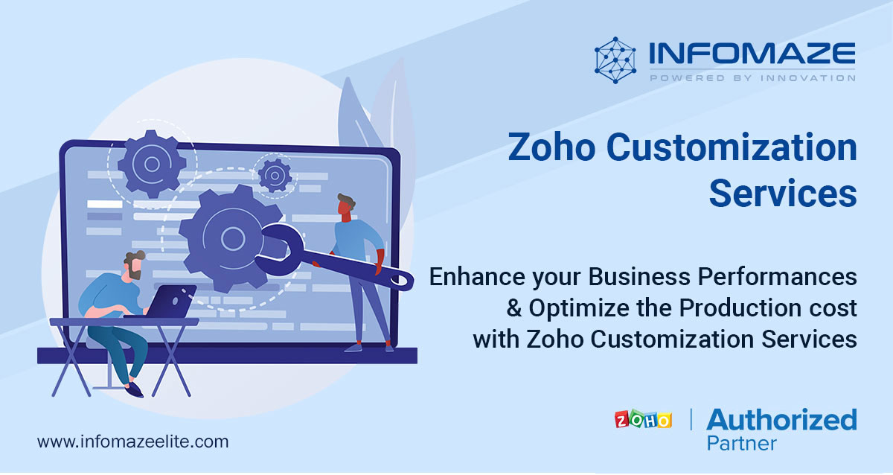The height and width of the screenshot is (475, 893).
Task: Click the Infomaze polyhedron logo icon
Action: tap(615, 60)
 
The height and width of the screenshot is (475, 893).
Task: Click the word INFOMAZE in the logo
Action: tap(752, 54)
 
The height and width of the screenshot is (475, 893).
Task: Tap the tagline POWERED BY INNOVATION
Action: tap(752, 77)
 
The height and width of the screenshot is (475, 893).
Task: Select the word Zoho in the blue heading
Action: tap(552, 147)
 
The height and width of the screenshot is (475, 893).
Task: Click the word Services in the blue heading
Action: tap(783, 194)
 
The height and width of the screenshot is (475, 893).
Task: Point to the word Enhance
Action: tap(477, 277)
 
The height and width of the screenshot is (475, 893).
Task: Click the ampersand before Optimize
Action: tap(514, 308)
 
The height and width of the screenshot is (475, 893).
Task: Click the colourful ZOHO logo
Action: tap(643, 419)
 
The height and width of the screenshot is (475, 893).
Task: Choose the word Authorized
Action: tap(781, 420)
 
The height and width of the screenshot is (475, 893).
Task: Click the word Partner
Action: tap(741, 444)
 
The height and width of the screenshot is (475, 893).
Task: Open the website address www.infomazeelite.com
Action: tap(132, 442)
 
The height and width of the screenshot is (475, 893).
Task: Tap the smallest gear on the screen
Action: tap(275, 175)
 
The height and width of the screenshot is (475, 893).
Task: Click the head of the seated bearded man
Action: tap(135, 265)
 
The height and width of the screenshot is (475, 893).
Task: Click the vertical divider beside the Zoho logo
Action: tap(691, 419)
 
